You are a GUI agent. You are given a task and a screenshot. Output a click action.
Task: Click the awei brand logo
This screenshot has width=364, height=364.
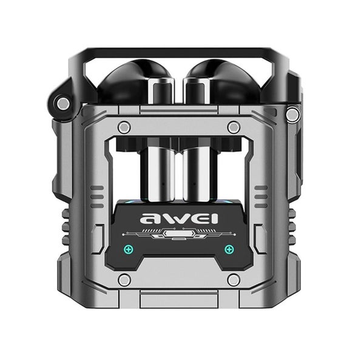[178, 218]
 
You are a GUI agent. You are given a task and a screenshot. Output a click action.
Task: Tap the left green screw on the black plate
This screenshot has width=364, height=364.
[128, 249]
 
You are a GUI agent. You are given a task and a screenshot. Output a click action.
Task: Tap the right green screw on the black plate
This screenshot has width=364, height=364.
[229, 249]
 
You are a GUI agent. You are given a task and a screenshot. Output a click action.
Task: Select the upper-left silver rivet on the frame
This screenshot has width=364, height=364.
[124, 127]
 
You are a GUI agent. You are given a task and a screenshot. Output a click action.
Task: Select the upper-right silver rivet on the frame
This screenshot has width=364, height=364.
[233, 127]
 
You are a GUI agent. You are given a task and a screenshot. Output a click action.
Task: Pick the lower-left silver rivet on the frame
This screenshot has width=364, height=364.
[124, 280]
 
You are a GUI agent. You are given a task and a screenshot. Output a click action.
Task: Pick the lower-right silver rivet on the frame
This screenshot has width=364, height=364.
[233, 280]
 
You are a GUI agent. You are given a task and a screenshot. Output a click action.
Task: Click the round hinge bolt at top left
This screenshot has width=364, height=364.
[63, 103]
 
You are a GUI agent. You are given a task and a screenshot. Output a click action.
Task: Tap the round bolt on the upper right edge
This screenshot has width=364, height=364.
[292, 113]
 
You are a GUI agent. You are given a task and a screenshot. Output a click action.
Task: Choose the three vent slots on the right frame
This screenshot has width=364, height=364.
[260, 197]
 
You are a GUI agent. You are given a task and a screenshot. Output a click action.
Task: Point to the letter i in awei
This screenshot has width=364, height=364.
[214, 217]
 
